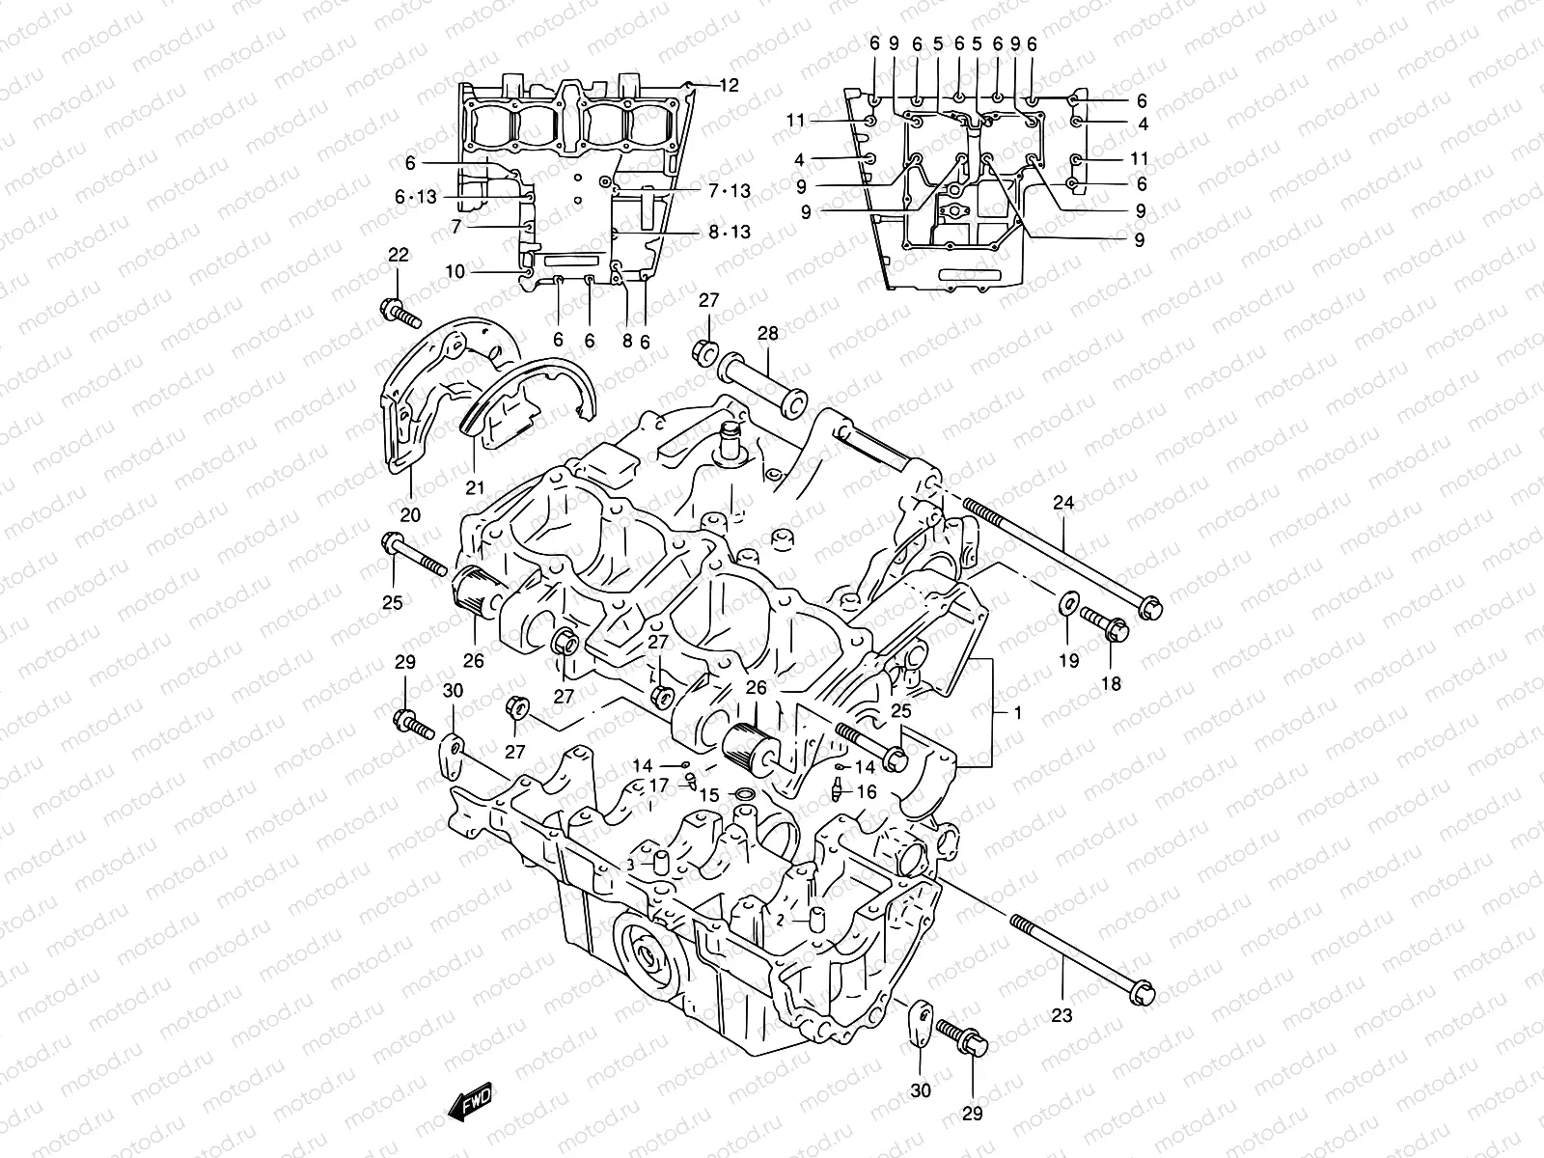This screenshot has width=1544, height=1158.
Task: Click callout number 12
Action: coord(729,85)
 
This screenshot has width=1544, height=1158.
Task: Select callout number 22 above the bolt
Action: coord(399,255)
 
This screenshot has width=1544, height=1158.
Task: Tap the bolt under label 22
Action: coord(401,313)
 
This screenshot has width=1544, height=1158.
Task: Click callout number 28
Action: coord(767,334)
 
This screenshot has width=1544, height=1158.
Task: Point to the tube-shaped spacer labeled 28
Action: coord(762,385)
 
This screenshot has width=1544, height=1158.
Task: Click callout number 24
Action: coord(1063,502)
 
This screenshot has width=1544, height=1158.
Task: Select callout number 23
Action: coord(1061,1015)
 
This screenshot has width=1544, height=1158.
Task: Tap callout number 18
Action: coord(1111,683)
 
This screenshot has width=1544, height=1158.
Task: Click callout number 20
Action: coord(410,515)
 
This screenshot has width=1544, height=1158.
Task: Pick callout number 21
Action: coord(474,487)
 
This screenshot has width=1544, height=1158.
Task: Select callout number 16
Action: coord(866,791)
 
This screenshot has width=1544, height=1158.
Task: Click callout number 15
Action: coord(709,795)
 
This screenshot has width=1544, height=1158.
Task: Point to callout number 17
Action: coord(658,784)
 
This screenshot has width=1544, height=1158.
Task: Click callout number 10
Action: coord(455,272)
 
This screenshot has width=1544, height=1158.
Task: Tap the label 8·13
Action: coord(729,232)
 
